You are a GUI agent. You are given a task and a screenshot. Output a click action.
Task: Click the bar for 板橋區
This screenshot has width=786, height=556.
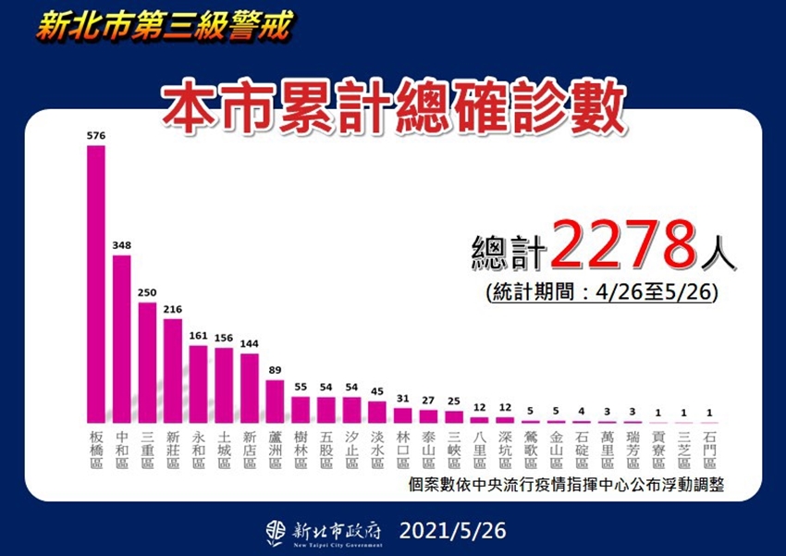point(96,282)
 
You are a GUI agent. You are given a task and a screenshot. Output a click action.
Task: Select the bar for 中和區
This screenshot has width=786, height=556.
point(122,338)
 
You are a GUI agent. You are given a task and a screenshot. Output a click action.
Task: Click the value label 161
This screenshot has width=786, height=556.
point(198,337)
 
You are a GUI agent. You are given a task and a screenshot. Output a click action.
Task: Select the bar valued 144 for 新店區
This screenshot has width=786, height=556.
point(250,387)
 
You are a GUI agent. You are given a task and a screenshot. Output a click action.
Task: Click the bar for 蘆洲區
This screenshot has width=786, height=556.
point(275,401)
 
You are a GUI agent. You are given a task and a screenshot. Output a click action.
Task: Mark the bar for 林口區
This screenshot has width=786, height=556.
point(402,414)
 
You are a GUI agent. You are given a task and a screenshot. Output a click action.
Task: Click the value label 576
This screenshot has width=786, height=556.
point(96,136)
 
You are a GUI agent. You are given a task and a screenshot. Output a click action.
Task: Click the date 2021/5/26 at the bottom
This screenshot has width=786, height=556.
point(454,531)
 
